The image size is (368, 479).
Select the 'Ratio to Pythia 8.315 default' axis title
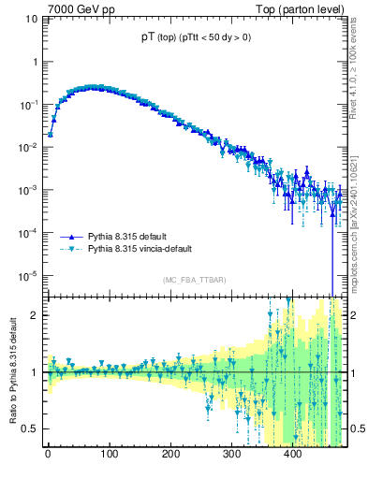(x=13, y=370)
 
